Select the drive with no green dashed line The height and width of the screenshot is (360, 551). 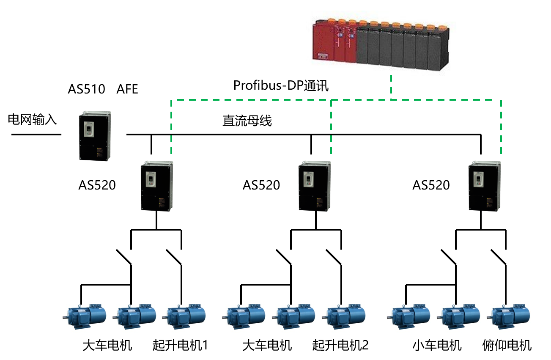pyautogui.click(x=95, y=135)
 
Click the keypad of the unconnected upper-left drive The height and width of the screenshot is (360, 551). pyautogui.click(x=89, y=129)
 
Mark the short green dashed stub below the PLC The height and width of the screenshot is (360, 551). pyautogui.click(x=391, y=87)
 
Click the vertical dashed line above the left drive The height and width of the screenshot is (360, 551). pyautogui.click(x=171, y=127)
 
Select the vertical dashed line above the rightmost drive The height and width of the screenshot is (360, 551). pyautogui.click(x=501, y=127)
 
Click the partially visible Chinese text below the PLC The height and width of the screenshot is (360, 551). pyautogui.click(x=313, y=83)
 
